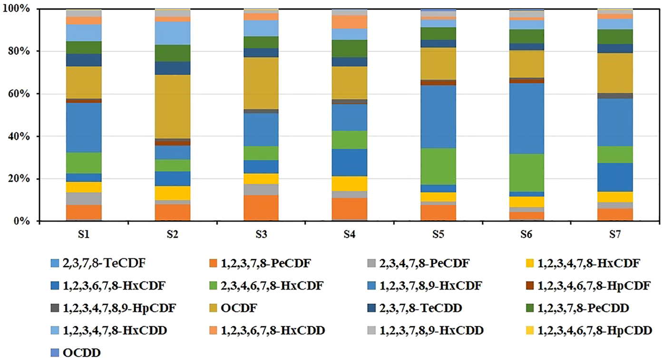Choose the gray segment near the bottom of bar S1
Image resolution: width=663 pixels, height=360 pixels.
[84, 199]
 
